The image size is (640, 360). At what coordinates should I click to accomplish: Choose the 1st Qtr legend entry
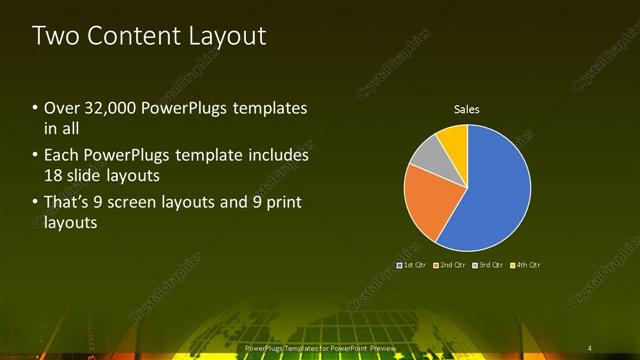413,265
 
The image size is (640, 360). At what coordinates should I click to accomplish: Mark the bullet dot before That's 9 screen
36,203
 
